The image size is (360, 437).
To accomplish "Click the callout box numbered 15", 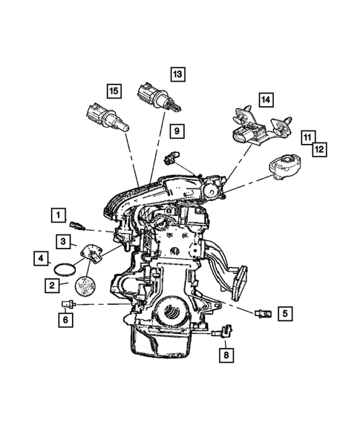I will (x=112, y=91).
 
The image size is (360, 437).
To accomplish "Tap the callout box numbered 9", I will (x=176, y=131).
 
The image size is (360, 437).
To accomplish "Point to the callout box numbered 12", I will (x=321, y=148).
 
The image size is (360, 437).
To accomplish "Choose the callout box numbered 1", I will (x=57, y=216).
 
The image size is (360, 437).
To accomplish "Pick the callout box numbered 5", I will (x=284, y=313).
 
